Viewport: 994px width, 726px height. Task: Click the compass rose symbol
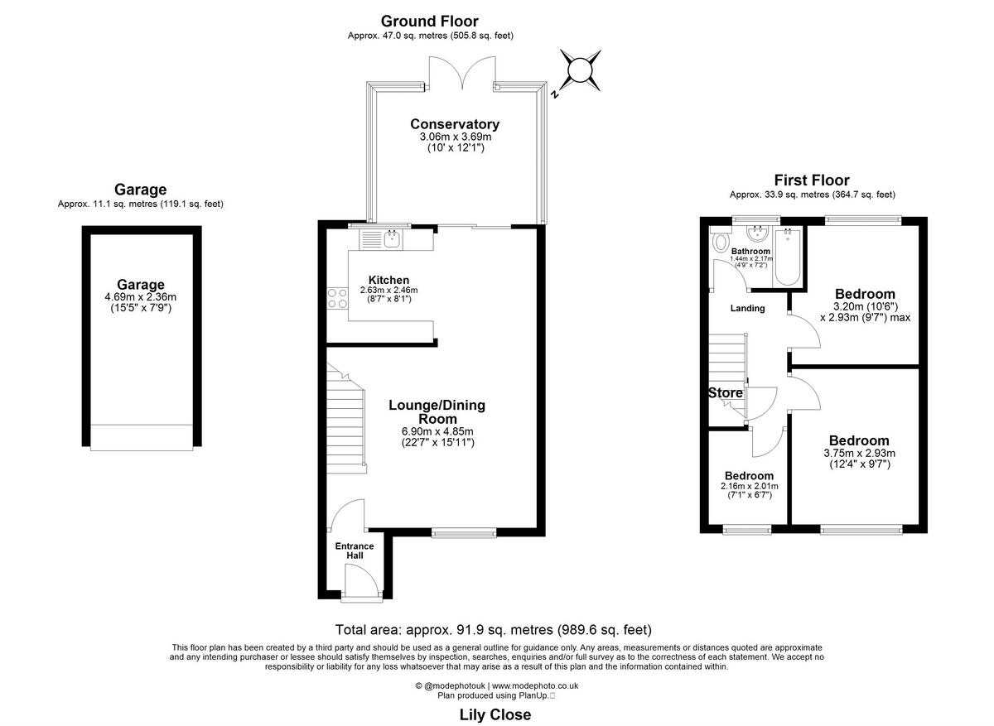[580, 70]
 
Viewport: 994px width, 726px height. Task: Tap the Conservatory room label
[455, 124]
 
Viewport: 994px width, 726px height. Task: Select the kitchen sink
[391, 239]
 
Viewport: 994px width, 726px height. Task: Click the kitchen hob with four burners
[336, 297]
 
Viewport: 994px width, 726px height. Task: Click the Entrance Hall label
[354, 551]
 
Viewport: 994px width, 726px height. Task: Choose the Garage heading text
[140, 190]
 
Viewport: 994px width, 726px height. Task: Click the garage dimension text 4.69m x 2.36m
[140, 297]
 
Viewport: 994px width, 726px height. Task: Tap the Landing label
[747, 308]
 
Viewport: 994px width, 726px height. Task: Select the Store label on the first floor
[725, 392]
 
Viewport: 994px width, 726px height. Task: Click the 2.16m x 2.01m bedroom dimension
[749, 486]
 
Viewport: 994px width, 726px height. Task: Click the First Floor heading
[812, 180]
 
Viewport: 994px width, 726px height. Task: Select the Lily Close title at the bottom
[495, 714]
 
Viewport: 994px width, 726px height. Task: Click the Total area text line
[499, 629]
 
